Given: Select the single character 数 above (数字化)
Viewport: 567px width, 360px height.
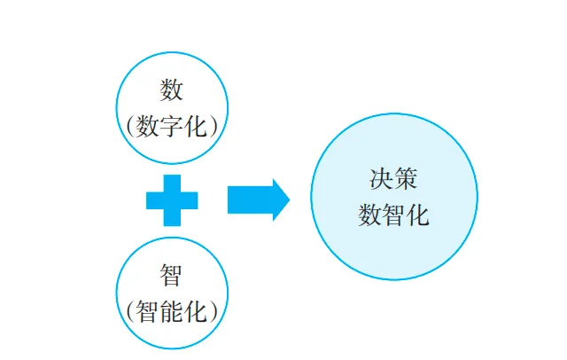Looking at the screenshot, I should (x=171, y=89).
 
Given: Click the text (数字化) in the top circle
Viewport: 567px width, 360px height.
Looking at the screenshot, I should (x=172, y=125).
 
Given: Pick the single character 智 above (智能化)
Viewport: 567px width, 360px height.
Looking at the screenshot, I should (x=171, y=275).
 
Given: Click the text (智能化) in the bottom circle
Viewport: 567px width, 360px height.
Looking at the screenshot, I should (x=172, y=311).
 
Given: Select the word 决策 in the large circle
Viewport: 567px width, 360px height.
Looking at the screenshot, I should (x=393, y=177).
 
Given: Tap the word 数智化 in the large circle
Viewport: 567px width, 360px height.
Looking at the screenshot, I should (x=393, y=215).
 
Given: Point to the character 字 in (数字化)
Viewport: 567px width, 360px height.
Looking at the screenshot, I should (x=172, y=125).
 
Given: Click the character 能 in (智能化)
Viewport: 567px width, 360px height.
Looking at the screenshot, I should (x=172, y=311).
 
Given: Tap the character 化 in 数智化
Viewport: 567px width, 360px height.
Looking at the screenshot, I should (x=417, y=215).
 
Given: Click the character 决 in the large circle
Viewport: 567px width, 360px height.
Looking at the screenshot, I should (x=382, y=177).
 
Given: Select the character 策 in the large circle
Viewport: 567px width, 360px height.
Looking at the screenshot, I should (x=406, y=177).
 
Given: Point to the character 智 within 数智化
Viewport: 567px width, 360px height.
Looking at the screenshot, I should (x=393, y=215).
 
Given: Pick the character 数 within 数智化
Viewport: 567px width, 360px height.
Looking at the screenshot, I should (x=370, y=215).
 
